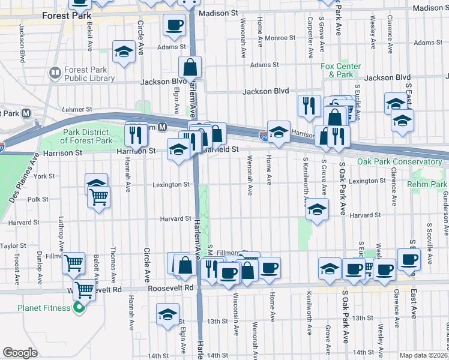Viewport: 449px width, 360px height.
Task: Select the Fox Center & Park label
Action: tap(340, 70)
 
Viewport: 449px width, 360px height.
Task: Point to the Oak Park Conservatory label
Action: tap(399, 161)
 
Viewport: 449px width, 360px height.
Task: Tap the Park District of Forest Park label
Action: tap(86, 136)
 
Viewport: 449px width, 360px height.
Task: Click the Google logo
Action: tap(20, 352)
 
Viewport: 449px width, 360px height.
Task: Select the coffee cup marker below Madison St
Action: tap(175, 25)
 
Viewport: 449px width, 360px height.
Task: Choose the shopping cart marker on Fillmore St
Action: tap(73, 262)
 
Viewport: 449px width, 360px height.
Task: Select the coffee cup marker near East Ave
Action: tap(409, 259)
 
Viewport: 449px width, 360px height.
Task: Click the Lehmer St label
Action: tap(77, 110)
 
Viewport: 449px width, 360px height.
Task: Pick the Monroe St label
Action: tap(280, 38)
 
